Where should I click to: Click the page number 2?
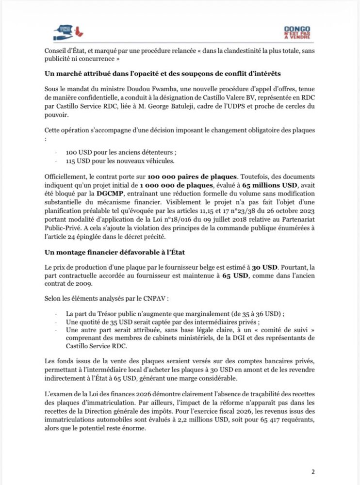tap(313, 471)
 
